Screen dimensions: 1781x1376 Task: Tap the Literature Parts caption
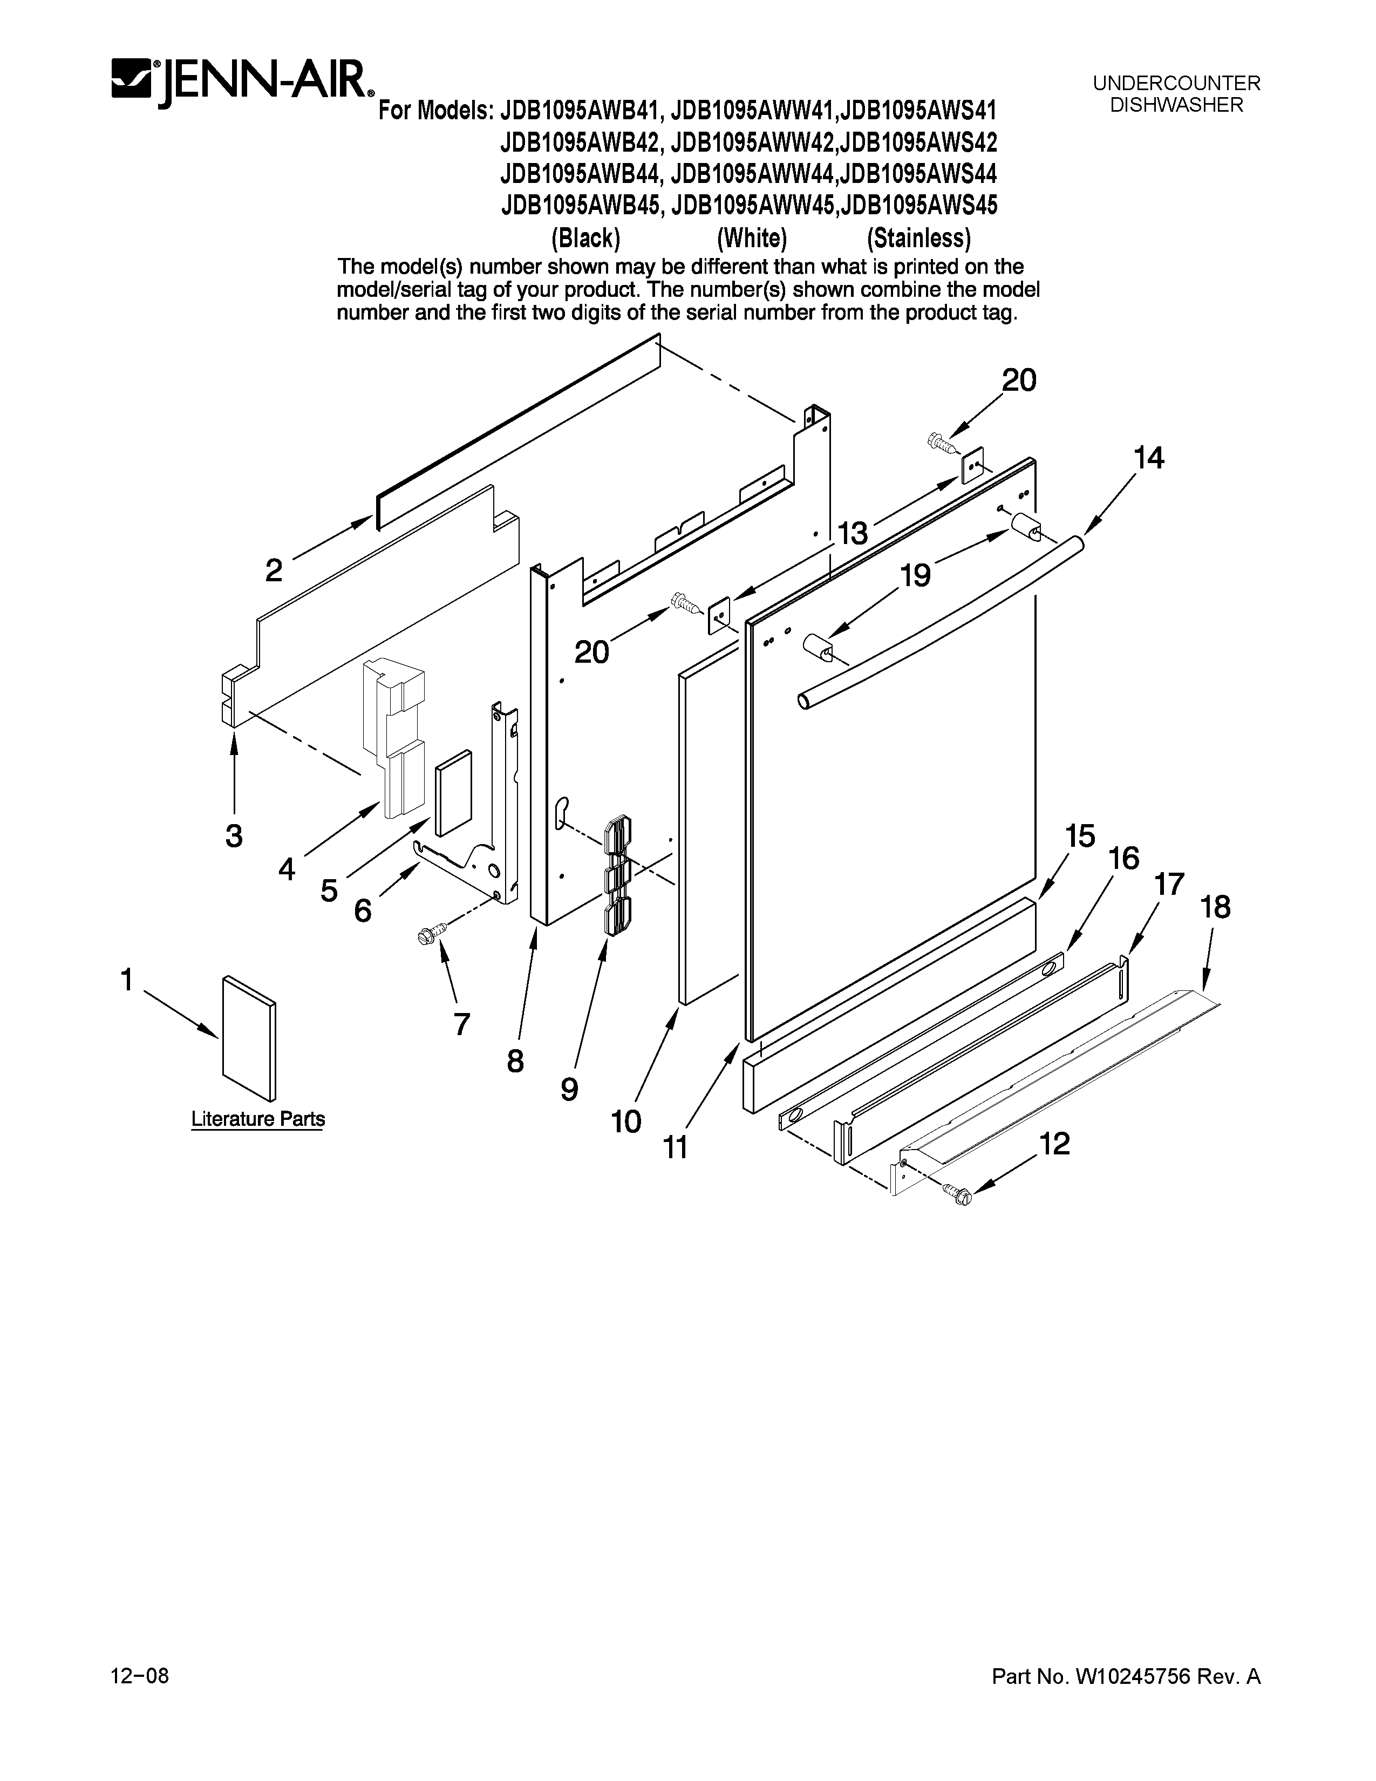click(x=257, y=1119)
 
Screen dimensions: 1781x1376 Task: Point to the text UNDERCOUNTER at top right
click(x=1176, y=83)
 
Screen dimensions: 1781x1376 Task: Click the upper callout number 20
click(x=1018, y=380)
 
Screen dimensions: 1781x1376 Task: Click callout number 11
click(x=675, y=1147)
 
